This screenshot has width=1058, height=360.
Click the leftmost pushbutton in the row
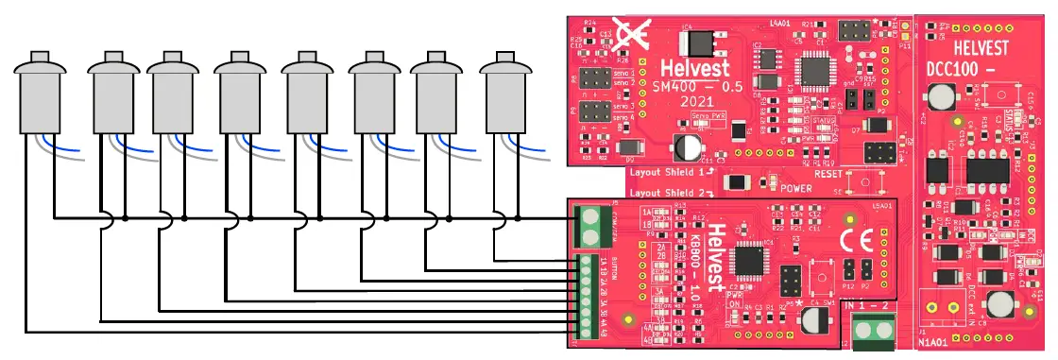coord(40,95)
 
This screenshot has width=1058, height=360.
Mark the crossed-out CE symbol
coord(627,35)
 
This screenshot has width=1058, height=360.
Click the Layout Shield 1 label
coord(666,174)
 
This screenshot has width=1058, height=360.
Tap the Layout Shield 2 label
coord(666,192)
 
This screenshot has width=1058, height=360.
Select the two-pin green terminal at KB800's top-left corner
coord(589,226)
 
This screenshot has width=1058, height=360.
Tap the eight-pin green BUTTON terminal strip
coord(586,293)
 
